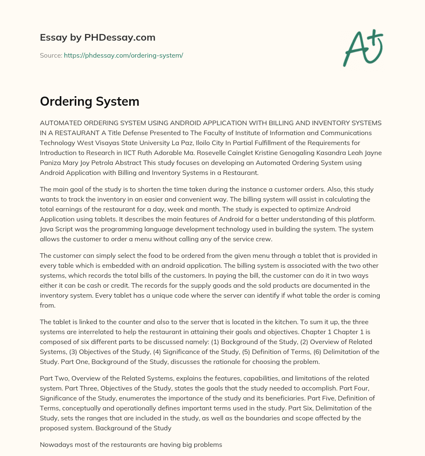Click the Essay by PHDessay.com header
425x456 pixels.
point(98,38)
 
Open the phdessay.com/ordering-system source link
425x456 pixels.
point(123,55)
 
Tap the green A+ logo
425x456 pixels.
point(362,48)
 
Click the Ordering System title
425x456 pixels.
point(89,102)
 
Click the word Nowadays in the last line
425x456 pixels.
point(55,445)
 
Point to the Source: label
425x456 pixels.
point(51,55)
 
